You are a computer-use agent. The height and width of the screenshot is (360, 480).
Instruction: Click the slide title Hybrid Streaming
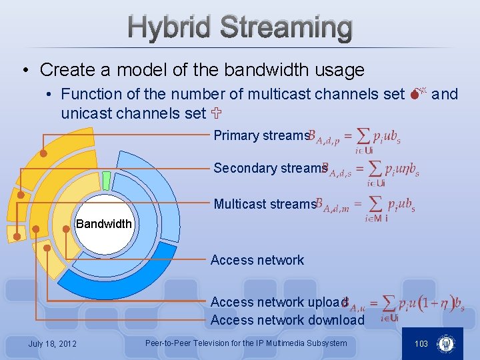pos(240,28)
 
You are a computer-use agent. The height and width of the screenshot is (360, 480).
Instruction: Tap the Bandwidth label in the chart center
pos(104,224)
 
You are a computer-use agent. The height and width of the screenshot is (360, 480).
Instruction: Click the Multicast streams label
pos(264,204)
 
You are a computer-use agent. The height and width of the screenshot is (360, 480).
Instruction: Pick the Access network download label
pos(287,320)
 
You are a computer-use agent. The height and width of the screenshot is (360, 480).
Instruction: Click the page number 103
pos(421,343)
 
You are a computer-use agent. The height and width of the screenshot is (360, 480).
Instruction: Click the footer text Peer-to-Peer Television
pos(245,343)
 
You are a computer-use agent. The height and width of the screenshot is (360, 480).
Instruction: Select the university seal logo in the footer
pos(445,344)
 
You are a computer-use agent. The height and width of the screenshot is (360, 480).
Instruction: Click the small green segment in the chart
pos(106,181)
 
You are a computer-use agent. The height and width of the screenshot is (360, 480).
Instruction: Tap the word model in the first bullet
pos(141,69)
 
